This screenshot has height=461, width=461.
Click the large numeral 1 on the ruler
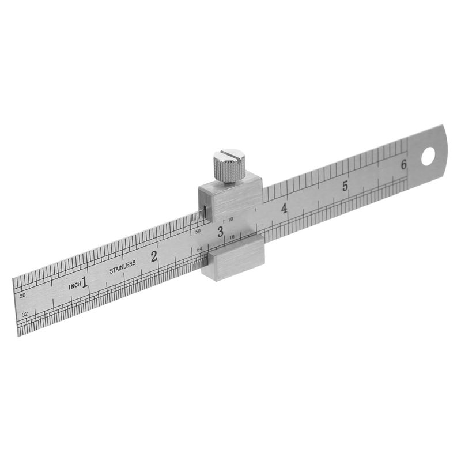pyautogui.click(x=84, y=282)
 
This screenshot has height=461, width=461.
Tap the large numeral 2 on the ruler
pyautogui.click(x=154, y=256)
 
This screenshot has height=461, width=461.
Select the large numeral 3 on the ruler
pyautogui.click(x=221, y=232)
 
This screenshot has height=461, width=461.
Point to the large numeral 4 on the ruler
pyautogui.click(x=284, y=209)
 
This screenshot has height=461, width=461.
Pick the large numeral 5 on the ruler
pyautogui.click(x=345, y=186)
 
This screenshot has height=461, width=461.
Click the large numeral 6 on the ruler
pyautogui.click(x=404, y=164)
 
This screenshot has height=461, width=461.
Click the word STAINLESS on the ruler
pyautogui.click(x=123, y=267)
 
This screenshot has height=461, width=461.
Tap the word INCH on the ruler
pyautogui.click(x=75, y=286)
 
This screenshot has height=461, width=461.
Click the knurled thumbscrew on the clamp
pyautogui.click(x=229, y=166)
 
